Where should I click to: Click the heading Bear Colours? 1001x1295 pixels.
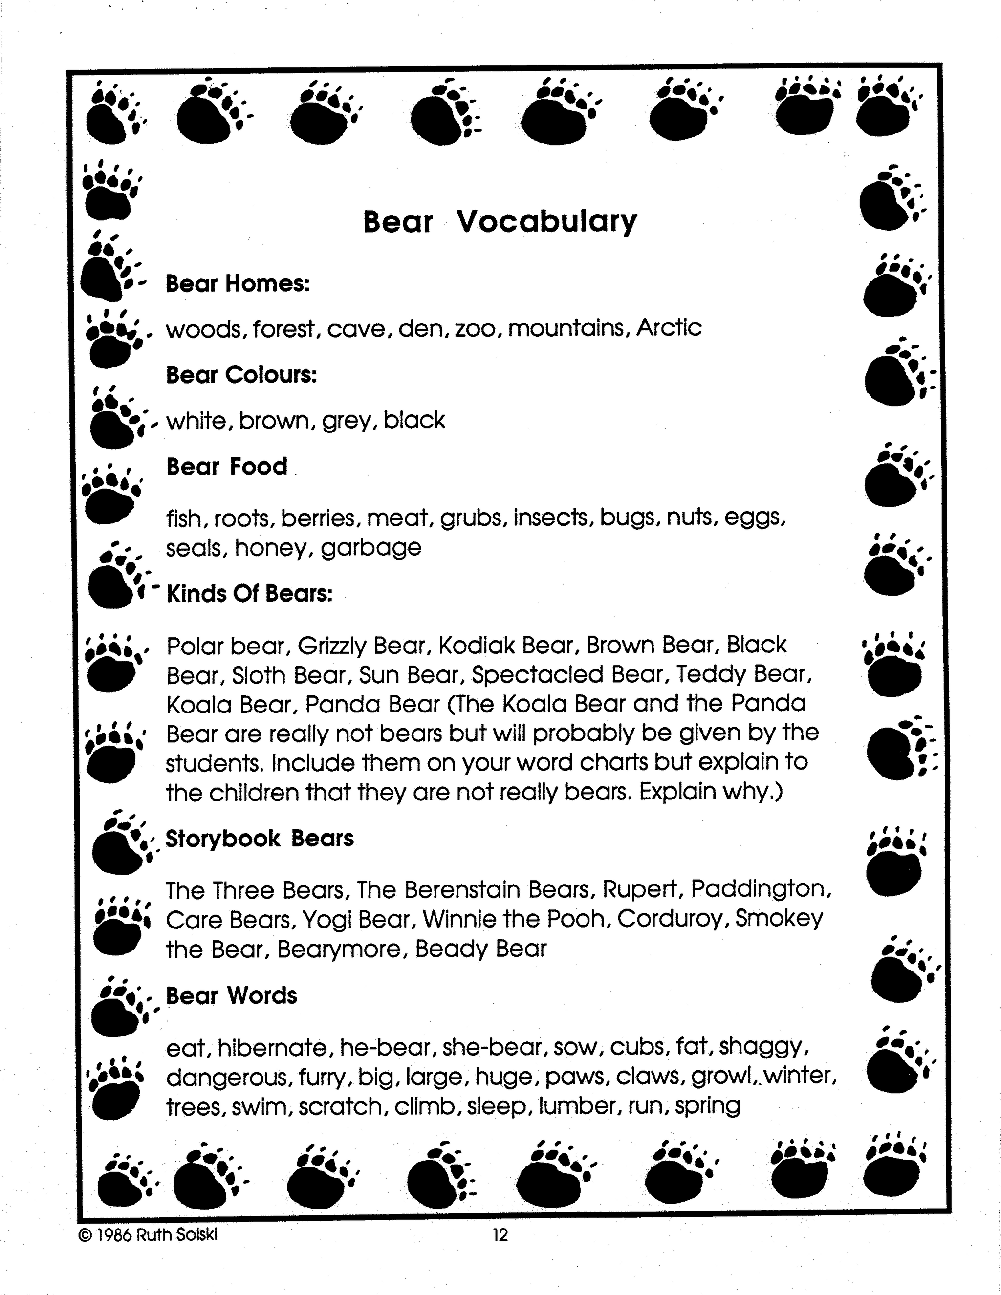coord(241,375)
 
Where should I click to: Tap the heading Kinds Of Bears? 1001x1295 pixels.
coord(249,594)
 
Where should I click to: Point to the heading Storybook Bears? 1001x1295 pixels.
coord(259,839)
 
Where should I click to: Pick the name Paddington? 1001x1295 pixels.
coord(762,889)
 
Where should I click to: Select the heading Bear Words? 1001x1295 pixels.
coord(231,996)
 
